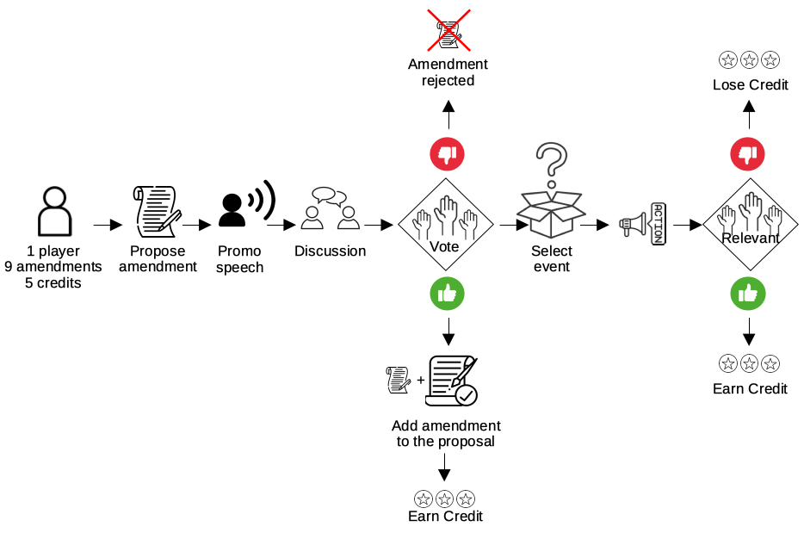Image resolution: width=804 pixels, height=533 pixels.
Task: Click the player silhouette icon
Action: (55, 211)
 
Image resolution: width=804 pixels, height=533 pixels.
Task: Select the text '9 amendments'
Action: (53, 267)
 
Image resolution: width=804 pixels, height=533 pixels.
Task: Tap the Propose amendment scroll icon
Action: (157, 211)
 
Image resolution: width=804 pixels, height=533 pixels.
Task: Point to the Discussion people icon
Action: (330, 208)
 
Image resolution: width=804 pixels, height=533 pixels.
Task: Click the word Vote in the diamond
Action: (444, 247)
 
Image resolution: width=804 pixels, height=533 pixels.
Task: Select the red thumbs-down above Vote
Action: (447, 154)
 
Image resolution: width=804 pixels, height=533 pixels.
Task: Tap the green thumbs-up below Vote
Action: (447, 294)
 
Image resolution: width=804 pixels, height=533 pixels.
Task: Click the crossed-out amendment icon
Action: (448, 31)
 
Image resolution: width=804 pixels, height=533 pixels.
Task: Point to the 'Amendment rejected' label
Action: (448, 72)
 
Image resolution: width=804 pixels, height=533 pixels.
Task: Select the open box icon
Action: (551, 214)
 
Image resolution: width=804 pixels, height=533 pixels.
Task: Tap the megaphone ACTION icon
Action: (643, 224)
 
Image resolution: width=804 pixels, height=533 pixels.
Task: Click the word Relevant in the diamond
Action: (750, 238)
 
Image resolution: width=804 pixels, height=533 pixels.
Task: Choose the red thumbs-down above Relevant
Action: (747, 154)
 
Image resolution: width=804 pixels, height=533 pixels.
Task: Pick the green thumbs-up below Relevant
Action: (747, 294)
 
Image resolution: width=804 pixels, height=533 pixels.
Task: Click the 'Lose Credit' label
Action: (750, 84)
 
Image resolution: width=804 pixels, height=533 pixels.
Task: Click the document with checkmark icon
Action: (452, 381)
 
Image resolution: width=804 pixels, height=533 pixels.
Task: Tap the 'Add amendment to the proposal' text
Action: (446, 433)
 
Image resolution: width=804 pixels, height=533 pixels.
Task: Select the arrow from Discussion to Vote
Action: (379, 225)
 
